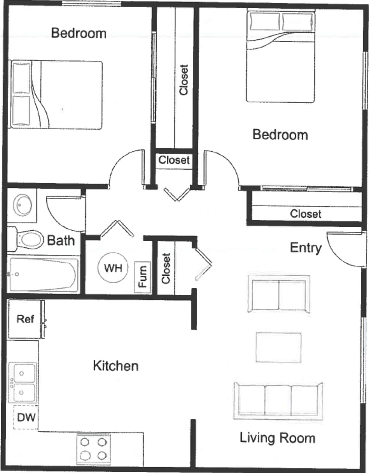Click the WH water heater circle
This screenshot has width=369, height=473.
[113, 268]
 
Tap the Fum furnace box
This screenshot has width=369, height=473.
[142, 277]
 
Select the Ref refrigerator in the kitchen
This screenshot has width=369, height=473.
[25, 319]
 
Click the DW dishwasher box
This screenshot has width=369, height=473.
[26, 417]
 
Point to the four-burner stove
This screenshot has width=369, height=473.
[94, 449]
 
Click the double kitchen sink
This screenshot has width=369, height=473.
[22, 383]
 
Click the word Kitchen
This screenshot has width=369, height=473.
[116, 366]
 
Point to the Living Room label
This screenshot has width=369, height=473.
[277, 438]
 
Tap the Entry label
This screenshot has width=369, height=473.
[305, 248]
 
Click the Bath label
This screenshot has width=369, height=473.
[61, 240]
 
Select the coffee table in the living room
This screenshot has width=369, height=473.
[278, 347]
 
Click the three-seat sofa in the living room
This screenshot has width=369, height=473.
[278, 400]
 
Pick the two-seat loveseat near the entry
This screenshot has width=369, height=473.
[278, 294]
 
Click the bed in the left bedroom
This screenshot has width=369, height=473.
[56, 95]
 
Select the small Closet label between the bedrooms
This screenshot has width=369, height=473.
[174, 160]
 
